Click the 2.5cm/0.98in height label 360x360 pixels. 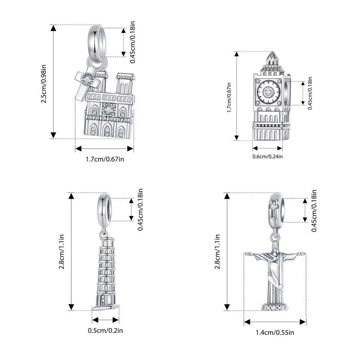tap(44, 84)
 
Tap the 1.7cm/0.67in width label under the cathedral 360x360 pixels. tap(105, 159)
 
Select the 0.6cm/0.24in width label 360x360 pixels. tap(267, 157)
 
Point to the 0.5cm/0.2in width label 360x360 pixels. tap(105, 330)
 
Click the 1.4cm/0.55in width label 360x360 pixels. tap(275, 333)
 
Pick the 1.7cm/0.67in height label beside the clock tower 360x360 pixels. tap(229, 97)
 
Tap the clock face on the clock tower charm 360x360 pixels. tap(268, 92)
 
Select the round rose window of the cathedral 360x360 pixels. tap(108, 110)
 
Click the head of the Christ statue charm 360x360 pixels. tap(275, 247)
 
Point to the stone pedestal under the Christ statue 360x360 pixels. tap(275, 307)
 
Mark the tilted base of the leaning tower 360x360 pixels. tap(105, 307)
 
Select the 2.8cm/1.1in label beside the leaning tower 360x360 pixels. tap(62, 252)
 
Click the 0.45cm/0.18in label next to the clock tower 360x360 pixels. tap(310, 93)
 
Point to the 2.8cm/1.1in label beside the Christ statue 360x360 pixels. tap(217, 252)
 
